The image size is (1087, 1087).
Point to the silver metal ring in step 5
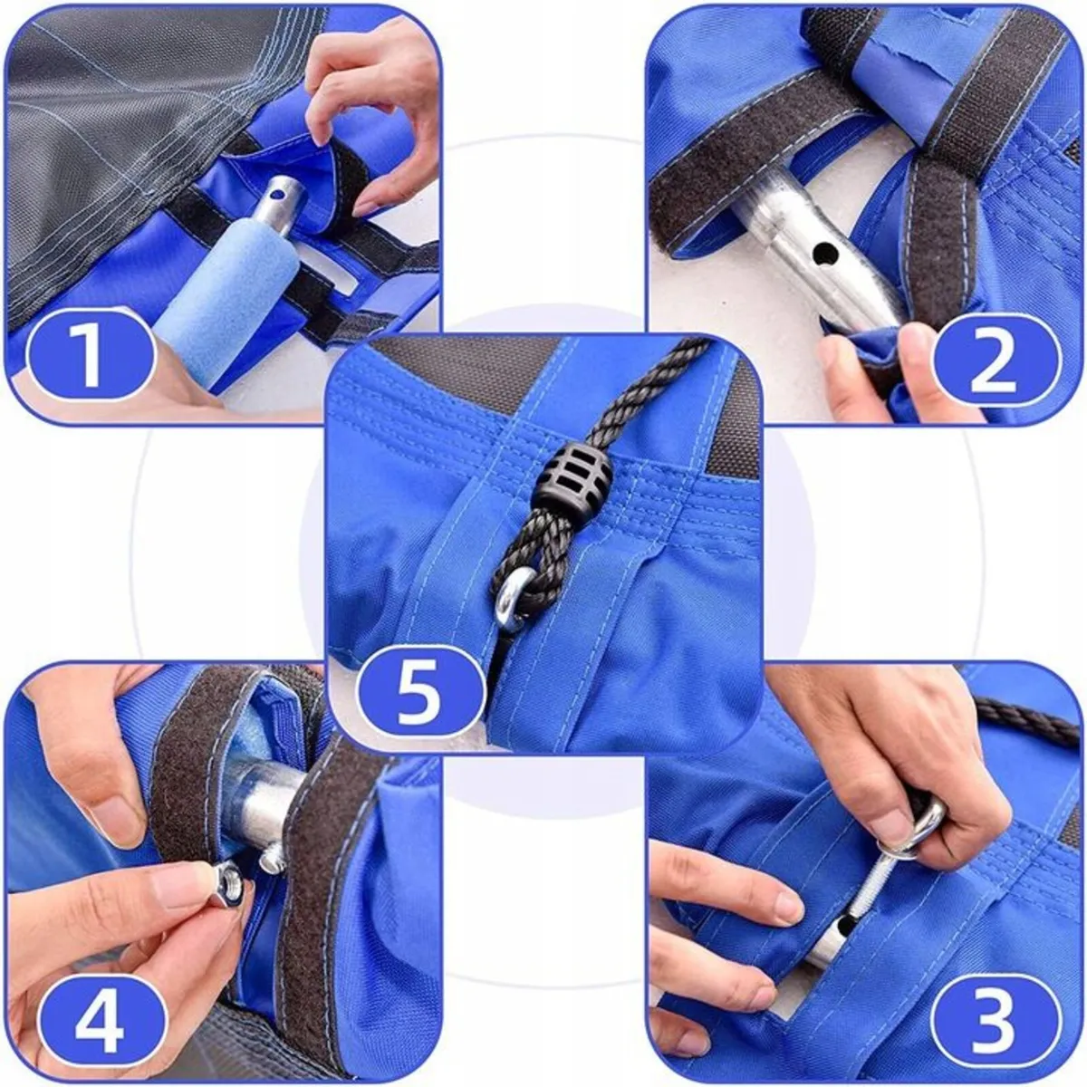pyautogui.click(x=515, y=599)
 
